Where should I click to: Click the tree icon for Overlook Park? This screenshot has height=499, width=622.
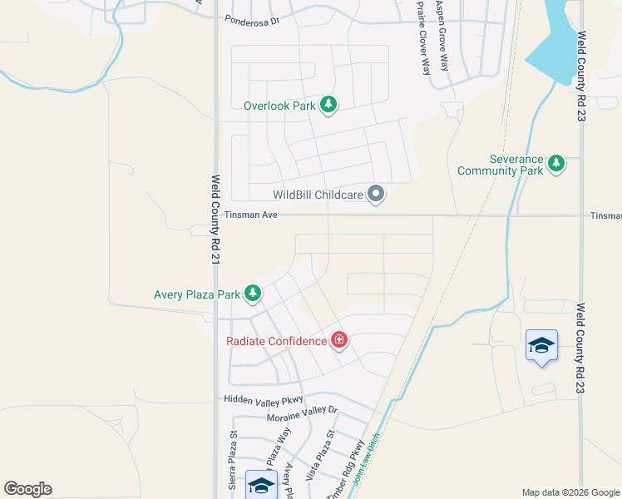click(x=329, y=105)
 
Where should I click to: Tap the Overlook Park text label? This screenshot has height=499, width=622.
click(x=279, y=106)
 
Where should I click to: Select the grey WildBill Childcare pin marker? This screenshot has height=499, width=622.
click(x=376, y=195)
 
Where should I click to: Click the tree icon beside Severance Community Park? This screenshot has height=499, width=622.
click(x=556, y=164)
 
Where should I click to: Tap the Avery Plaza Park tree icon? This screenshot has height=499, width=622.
click(x=253, y=294)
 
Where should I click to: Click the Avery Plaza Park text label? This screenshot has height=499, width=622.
click(x=197, y=294)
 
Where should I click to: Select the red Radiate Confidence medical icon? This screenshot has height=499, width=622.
click(x=338, y=340)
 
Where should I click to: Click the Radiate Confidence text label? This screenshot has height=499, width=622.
click(x=277, y=341)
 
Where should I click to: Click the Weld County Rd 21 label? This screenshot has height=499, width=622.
click(x=215, y=220)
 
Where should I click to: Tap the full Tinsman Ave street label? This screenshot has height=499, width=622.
click(x=251, y=215)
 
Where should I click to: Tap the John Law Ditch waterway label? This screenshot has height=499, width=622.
click(x=366, y=462)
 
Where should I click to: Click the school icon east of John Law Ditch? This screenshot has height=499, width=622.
click(x=541, y=345)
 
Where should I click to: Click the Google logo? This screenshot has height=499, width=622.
click(x=27, y=489)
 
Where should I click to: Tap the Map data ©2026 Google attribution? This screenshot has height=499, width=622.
click(x=570, y=492)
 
